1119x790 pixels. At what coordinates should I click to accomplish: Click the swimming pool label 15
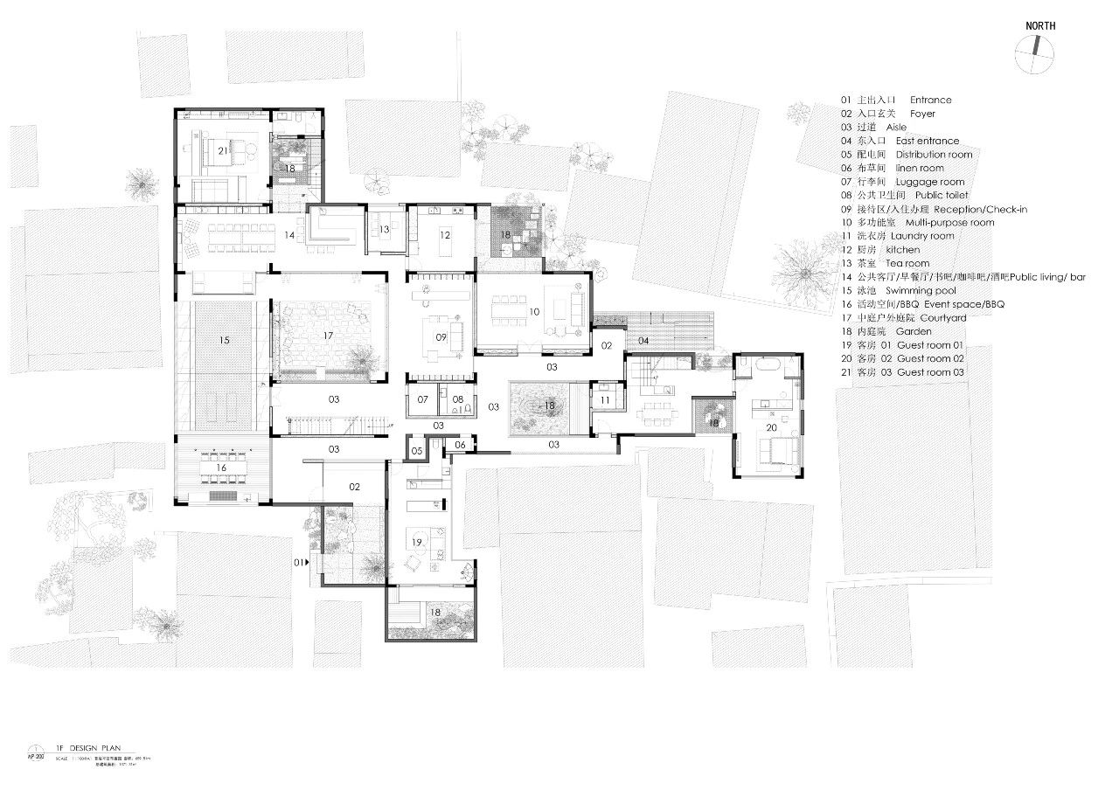(225, 339)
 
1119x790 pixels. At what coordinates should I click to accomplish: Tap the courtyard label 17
(329, 336)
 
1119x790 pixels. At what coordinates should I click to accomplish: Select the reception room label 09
(441, 337)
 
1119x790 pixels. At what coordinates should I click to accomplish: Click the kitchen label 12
(445, 235)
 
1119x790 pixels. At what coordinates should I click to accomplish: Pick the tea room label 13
(385, 229)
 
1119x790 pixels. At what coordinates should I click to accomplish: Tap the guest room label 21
(223, 151)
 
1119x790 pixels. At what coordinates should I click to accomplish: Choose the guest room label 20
(772, 428)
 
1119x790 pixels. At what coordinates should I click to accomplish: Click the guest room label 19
(418, 544)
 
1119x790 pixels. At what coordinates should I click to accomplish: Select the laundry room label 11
(605, 400)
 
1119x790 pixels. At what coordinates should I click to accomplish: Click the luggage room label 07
(423, 399)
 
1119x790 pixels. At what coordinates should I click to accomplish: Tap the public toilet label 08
(458, 399)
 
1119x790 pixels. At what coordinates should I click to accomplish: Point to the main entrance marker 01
(300, 563)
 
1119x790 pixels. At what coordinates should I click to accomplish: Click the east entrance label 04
(643, 340)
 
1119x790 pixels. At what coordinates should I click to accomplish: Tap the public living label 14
(288, 235)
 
